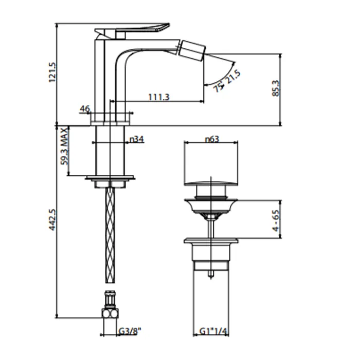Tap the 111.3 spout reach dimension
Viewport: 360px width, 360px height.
click(159, 96)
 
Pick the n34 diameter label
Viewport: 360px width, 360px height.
click(136, 138)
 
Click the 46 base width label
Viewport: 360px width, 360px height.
click(85, 109)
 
